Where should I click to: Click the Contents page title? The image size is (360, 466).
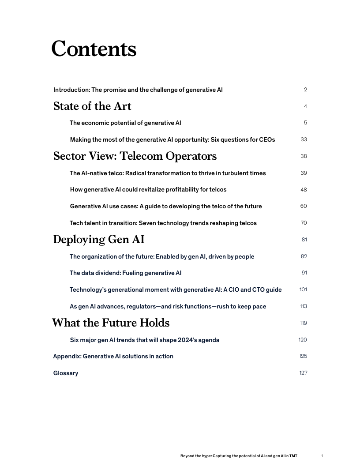[94, 49]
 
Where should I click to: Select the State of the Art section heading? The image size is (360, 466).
[92, 106]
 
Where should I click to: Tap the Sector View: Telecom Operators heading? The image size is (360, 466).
[135, 156]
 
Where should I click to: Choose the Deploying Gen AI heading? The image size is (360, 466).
[99, 240]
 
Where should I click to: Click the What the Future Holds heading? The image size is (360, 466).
[111, 323]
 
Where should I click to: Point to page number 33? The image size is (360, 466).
[304, 139]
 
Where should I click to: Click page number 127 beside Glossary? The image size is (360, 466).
[303, 373]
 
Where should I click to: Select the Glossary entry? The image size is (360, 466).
[66, 373]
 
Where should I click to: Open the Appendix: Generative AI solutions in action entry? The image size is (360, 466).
[113, 356]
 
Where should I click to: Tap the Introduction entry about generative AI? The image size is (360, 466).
[138, 90]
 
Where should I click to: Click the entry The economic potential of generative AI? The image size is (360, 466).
[125, 123]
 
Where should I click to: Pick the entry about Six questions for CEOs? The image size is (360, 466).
[172, 139]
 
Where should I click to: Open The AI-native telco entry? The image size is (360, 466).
[168, 173]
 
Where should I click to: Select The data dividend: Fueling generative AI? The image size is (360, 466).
[125, 273]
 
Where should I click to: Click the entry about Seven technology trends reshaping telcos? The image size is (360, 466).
[163, 223]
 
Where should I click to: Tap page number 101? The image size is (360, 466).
[303, 289]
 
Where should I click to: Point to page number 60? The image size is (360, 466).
[304, 206]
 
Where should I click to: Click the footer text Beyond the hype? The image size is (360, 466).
[239, 456]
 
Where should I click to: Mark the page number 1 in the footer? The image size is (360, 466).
[322, 456]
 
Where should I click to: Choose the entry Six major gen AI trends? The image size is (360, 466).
[145, 340]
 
